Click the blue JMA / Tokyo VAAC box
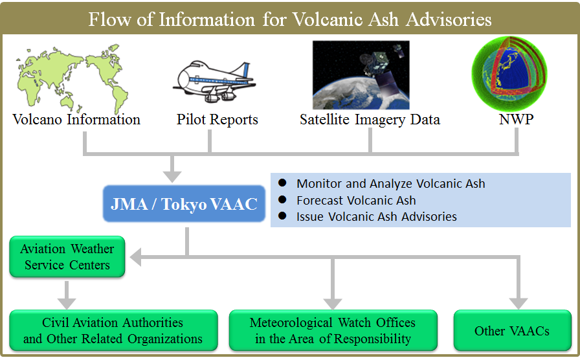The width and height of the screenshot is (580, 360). pyautogui.click(x=184, y=203)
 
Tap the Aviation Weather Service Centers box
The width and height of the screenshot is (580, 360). pyautogui.click(x=67, y=257)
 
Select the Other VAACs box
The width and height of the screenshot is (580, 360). pyautogui.click(x=512, y=330)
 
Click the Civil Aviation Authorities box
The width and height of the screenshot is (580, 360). pyautogui.click(x=113, y=330)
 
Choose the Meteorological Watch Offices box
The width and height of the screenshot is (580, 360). pyautogui.click(x=333, y=330)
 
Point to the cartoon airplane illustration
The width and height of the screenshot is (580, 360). pyautogui.click(x=214, y=82)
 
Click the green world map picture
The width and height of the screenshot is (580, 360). pyautogui.click(x=72, y=79)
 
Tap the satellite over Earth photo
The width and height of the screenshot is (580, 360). pyautogui.click(x=361, y=75)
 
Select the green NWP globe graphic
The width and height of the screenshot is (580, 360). pyautogui.click(x=509, y=74)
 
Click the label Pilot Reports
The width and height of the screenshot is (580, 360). pyautogui.click(x=217, y=120)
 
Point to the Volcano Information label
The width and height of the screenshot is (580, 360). pyautogui.click(x=76, y=120)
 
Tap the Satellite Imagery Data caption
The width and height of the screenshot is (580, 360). pyautogui.click(x=370, y=120)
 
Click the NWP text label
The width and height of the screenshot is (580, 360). pyautogui.click(x=516, y=120)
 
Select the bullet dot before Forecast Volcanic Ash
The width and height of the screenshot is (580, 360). pyautogui.click(x=282, y=200)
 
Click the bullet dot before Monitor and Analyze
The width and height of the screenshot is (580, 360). pyautogui.click(x=282, y=183)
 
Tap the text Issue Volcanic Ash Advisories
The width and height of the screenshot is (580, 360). pyautogui.click(x=377, y=216)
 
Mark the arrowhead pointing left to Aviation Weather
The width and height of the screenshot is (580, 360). pyautogui.click(x=136, y=257)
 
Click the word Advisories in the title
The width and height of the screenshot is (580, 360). pyautogui.click(x=449, y=19)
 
